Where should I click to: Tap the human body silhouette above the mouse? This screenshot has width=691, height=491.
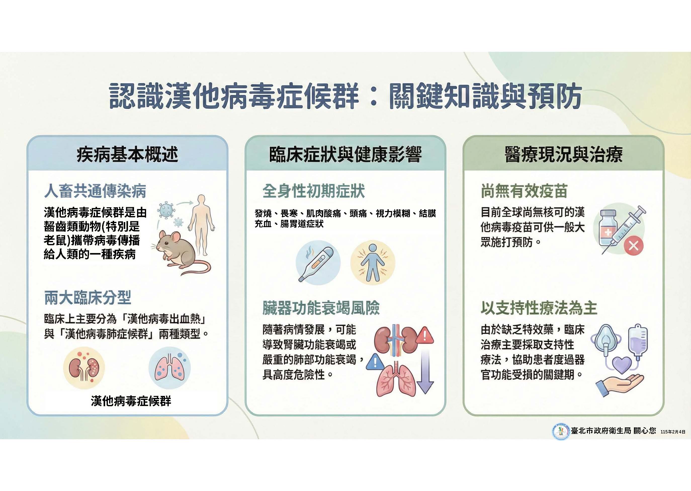pyautogui.click(x=201, y=225)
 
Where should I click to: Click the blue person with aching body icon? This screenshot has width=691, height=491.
pyautogui.click(x=373, y=262)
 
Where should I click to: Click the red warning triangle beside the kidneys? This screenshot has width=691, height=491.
pyautogui.click(x=424, y=335)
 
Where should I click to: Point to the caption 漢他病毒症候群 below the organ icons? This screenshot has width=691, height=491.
pyautogui.click(x=131, y=401)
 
